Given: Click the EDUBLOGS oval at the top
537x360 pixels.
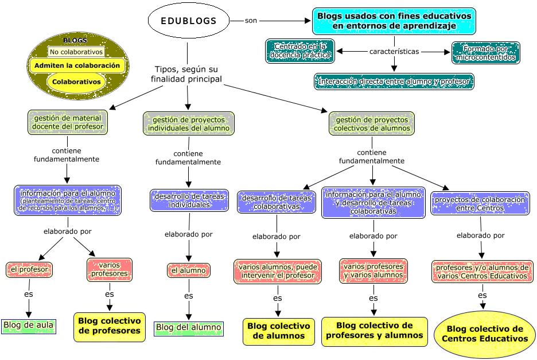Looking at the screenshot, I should tap(188, 22).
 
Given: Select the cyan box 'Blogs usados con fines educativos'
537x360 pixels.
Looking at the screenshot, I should tap(394, 21).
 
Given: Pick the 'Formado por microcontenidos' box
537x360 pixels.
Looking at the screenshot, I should tap(485, 52).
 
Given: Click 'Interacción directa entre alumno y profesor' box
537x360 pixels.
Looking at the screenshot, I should tap(394, 82).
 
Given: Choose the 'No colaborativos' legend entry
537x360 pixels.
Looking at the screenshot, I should tap(76, 52).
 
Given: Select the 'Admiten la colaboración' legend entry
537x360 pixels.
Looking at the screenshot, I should tap(77, 65).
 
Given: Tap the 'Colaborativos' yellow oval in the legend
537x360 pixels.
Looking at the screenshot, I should tap(76, 82).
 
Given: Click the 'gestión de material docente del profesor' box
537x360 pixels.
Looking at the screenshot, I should tap(67, 122).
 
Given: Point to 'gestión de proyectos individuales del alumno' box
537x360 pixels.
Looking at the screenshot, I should tap(189, 123).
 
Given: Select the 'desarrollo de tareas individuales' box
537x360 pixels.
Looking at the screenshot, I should tap(189, 200).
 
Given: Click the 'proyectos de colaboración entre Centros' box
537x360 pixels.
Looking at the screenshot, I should tap(480, 203).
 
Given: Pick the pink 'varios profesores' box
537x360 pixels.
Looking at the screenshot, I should tap(109, 269).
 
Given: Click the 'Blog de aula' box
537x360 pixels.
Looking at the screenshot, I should tap(29, 326).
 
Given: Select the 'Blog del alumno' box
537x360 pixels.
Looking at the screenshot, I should tap(188, 328).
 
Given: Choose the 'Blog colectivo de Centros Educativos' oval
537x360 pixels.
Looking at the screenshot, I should tap(484, 334).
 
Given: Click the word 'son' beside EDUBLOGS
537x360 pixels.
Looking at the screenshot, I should tap(251, 21).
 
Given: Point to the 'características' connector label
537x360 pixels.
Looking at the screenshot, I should tap(394, 52).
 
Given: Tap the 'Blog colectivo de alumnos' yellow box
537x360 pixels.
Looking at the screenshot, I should tap(279, 331).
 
